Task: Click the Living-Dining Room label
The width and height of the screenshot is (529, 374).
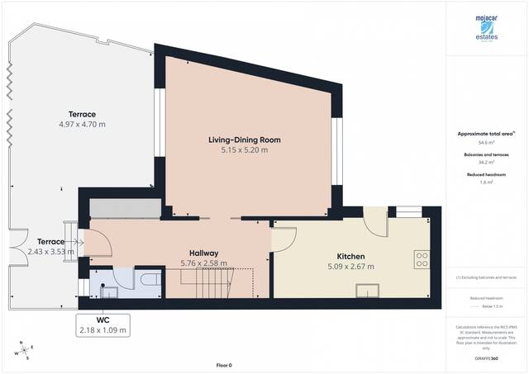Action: click(244, 140)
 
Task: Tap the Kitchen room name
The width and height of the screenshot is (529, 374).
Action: click(350, 256)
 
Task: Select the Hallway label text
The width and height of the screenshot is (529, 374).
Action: click(203, 253)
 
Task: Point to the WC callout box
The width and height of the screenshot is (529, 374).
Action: click(102, 324)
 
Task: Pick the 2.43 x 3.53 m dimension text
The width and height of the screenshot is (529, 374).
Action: click(45, 252)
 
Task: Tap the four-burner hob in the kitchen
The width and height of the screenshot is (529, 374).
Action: click(422, 260)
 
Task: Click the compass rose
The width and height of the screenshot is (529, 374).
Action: click(26, 350)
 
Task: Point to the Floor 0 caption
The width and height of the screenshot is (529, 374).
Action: click(224, 364)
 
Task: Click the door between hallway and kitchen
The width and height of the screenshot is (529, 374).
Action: click(284, 239)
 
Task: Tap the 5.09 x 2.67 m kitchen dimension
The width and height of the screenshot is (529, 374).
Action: click(350, 267)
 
